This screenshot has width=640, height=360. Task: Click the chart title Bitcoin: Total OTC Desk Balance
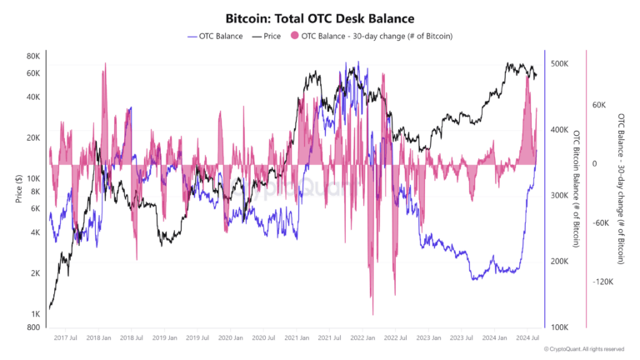320,17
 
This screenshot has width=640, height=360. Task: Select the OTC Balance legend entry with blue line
216,36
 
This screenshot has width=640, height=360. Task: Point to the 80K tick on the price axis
33,57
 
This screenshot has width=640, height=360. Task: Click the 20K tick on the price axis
33,137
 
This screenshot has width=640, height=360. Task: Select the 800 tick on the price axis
34,327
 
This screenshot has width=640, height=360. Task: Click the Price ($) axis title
17,190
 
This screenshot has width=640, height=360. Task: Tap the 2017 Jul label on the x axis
67,337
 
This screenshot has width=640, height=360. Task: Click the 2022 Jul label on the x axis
395,337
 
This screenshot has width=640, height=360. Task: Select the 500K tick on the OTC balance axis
559,63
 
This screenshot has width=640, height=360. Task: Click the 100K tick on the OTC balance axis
559,327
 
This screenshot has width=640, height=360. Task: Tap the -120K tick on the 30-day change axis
603,282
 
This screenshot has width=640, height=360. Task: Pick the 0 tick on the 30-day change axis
595,164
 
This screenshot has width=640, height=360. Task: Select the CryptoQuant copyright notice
583,349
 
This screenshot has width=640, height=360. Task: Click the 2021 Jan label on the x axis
297,337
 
